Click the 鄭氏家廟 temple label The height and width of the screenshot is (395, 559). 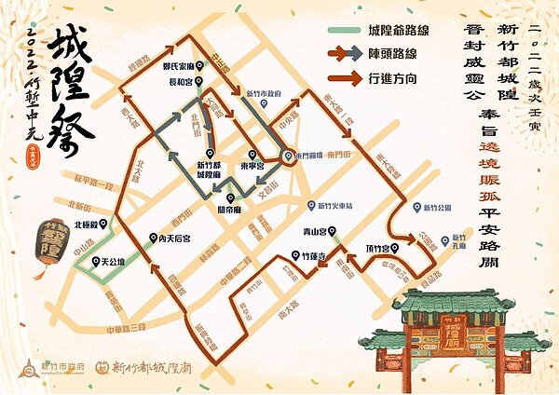click(x=178, y=66)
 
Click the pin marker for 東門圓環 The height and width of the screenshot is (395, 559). click(x=289, y=156)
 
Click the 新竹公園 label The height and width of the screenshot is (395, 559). click(x=432, y=208)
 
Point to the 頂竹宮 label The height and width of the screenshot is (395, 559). click(x=376, y=248)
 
